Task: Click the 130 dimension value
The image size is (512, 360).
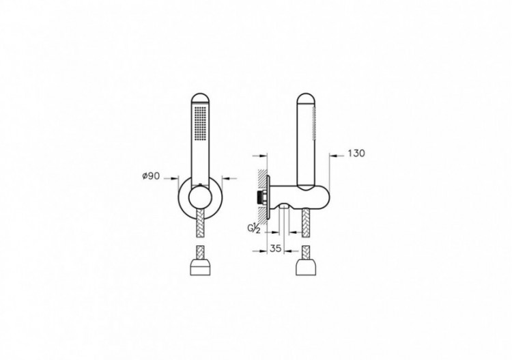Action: click(x=356, y=154)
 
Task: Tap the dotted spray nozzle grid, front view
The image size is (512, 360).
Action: click(x=200, y=124)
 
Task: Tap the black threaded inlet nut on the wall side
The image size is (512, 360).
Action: click(x=260, y=199)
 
